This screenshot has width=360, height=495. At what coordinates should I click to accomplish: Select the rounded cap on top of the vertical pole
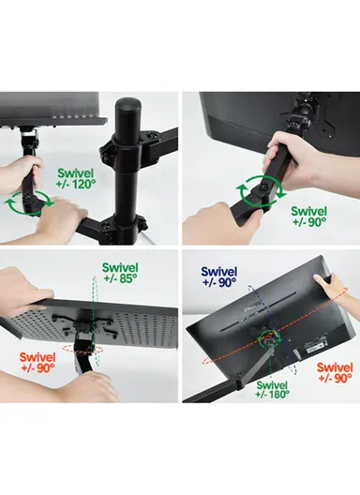127,110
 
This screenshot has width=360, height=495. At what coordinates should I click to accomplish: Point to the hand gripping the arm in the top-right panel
280,150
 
